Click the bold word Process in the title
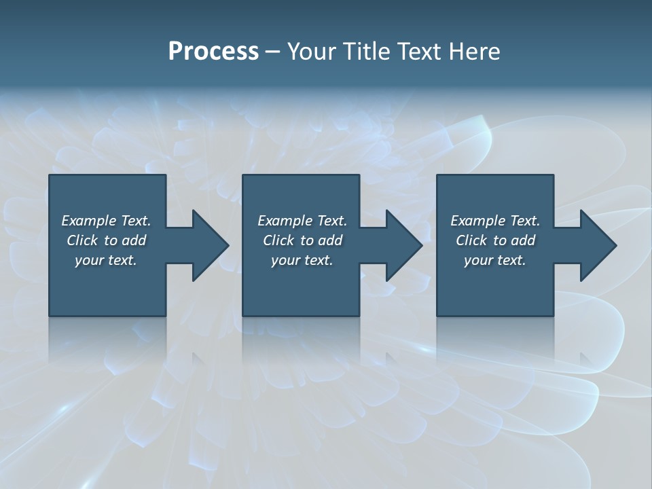(x=213, y=52)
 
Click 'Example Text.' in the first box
(x=107, y=221)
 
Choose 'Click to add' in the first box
(x=107, y=240)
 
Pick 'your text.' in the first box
(x=107, y=260)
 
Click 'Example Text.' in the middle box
(x=302, y=221)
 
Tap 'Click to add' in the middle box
(x=302, y=240)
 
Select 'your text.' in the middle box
(x=302, y=260)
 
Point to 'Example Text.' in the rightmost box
(x=495, y=221)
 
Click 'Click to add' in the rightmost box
(x=495, y=240)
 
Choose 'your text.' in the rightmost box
(x=495, y=260)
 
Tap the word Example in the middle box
(x=285, y=221)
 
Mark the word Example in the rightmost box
(x=477, y=221)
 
